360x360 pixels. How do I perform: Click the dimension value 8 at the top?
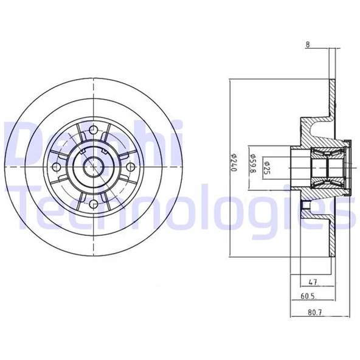tap(308, 44)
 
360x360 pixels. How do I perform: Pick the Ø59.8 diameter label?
tap(252, 165)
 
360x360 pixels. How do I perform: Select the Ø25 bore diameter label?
tap(266, 165)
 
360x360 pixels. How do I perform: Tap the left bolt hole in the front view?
tap(57, 166)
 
